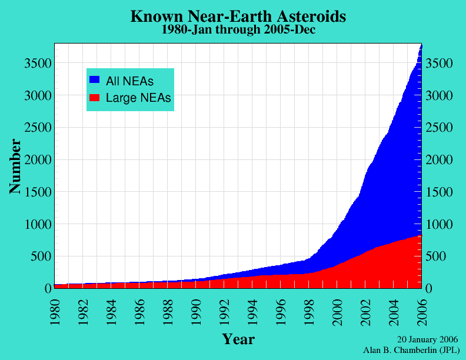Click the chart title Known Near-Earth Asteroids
tap(238, 16)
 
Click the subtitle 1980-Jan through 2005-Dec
tap(238, 30)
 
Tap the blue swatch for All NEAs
tap(94, 79)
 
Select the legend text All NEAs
tap(129, 81)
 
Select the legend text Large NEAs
tap(138, 98)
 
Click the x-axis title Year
tap(238, 339)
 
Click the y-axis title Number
tap(16, 166)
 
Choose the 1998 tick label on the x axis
tap(312, 308)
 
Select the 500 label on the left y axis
tap(41, 256)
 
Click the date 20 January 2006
tap(427, 339)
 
